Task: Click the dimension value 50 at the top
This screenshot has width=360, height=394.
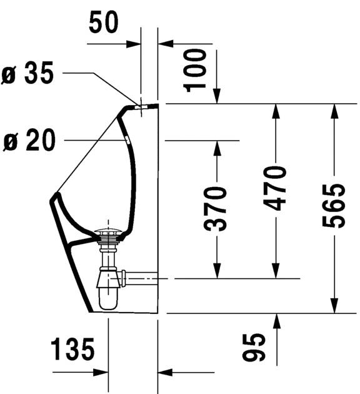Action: [103, 22]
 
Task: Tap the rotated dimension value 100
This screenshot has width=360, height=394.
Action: [195, 71]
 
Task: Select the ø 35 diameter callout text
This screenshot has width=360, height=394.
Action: [27, 73]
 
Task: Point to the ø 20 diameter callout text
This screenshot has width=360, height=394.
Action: [29, 139]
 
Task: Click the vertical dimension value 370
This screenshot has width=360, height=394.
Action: [215, 208]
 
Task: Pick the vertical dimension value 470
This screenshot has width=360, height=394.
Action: [274, 188]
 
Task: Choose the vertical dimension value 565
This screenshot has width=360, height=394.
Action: [334, 206]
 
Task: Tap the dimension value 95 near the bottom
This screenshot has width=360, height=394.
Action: [254, 347]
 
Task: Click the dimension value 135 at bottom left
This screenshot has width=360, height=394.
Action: [72, 349]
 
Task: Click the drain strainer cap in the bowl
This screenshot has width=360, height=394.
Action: [108, 231]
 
